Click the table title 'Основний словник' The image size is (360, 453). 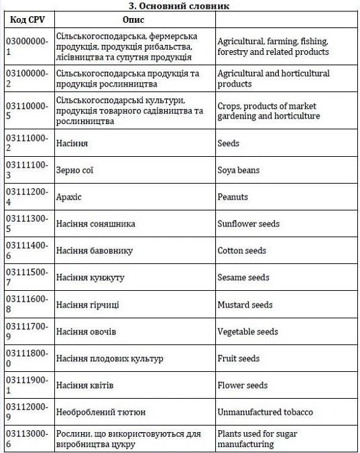coord(180,5)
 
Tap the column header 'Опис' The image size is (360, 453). coord(134,19)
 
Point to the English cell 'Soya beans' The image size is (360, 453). coord(239,170)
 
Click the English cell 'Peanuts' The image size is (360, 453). coord(233,197)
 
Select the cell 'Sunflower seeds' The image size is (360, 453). coord(249,224)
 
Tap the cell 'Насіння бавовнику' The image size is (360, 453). coord(95,251)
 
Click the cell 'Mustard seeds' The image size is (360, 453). coord(245,305)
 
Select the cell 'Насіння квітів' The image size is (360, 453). coord(85,385)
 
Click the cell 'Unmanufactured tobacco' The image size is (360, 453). coord(265,412)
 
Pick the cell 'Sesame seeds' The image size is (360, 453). coord(243,277)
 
